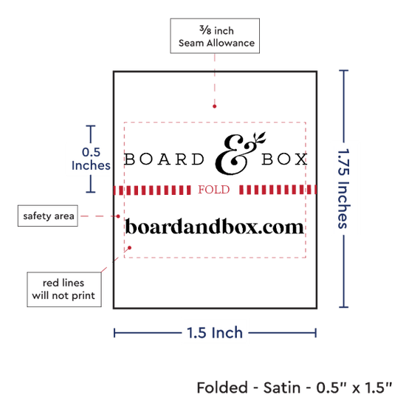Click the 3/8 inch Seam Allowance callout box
tap(215, 35)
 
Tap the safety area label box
tap(48, 216)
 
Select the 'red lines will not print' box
tap(64, 289)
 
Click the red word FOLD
tap(214, 190)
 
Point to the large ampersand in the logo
tap(234, 155)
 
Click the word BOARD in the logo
tap(165, 159)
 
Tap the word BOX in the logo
tap(284, 159)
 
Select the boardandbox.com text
tap(214, 227)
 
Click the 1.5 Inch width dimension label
tap(215, 333)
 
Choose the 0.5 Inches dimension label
tap(91, 159)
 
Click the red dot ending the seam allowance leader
tap(214, 106)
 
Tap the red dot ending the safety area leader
tap(118, 216)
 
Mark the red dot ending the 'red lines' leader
tap(130, 248)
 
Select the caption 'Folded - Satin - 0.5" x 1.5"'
tap(295, 388)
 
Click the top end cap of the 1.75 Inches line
tap(343, 70)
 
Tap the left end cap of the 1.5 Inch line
tap(114, 333)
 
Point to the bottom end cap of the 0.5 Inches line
tap(91, 192)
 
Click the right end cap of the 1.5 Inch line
tap(316, 333)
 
